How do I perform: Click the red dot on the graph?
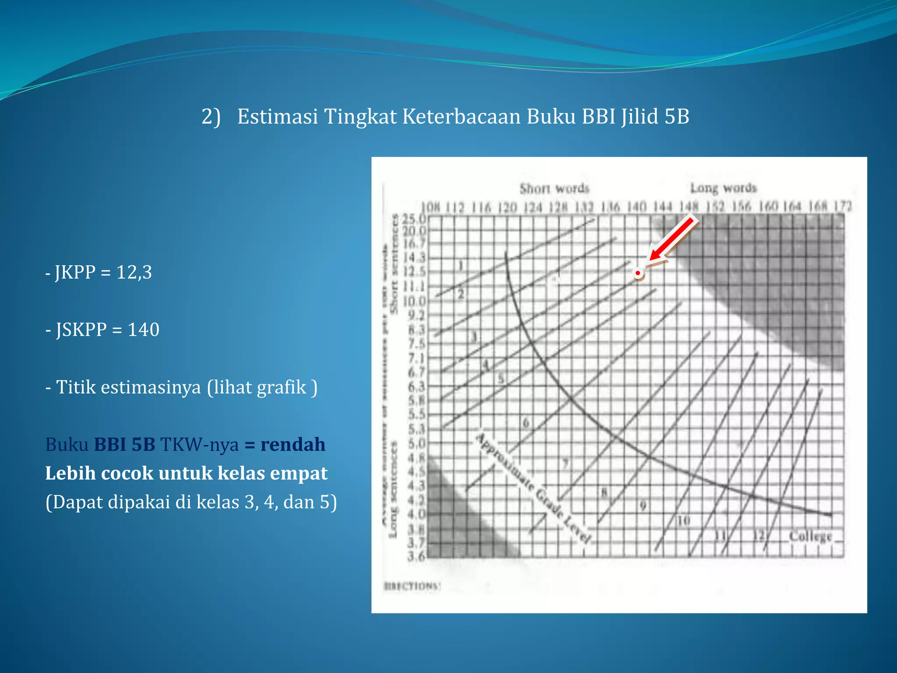(638, 273)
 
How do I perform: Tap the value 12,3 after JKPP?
(134, 272)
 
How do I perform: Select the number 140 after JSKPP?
(143, 329)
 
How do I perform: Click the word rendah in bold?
(293, 444)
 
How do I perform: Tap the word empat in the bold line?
(302, 473)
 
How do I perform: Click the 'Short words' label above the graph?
(554, 188)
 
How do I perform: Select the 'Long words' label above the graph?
(723, 188)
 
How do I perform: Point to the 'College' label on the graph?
(810, 536)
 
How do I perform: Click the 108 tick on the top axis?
(430, 207)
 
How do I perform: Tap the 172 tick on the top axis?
(842, 206)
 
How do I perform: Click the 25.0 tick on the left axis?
(414, 218)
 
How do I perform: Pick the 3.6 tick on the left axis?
(416, 557)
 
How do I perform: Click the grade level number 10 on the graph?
(683, 521)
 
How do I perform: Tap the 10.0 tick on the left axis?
(414, 301)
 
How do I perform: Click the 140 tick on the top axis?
(636, 206)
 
